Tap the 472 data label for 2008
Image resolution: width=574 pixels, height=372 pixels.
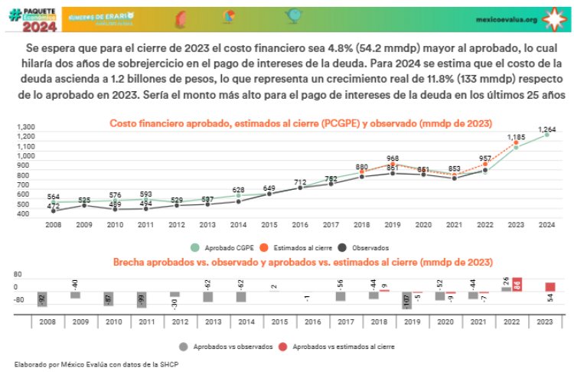click(54, 206)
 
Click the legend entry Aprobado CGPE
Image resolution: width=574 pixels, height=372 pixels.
click(224, 248)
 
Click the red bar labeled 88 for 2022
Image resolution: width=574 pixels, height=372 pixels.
click(517, 285)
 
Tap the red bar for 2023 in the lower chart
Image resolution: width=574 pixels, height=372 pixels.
click(550, 287)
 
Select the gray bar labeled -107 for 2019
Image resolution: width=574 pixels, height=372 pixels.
click(406, 299)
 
